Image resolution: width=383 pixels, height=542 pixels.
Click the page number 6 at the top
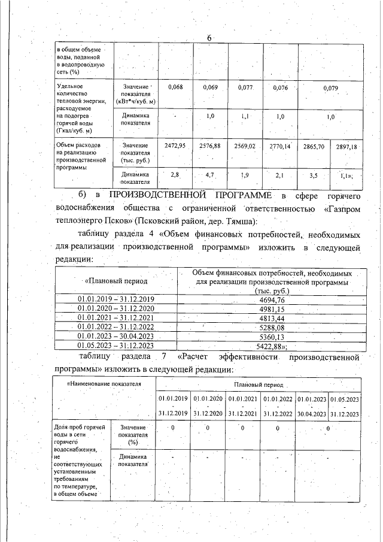click(209, 38)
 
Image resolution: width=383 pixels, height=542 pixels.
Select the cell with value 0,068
click(174, 88)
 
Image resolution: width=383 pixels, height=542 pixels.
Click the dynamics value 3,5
click(314, 175)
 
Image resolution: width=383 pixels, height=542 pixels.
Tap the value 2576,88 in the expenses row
click(209, 146)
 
